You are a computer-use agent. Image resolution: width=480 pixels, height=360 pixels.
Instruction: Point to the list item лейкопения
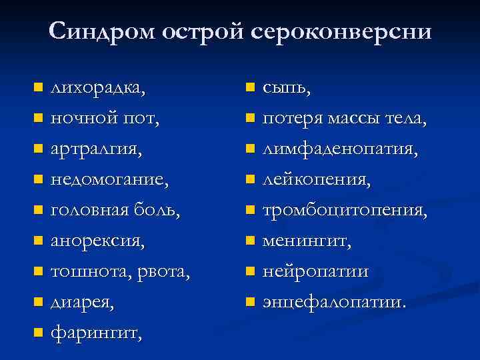tap(317, 180)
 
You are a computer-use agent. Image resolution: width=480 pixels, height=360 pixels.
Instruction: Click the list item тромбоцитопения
tap(345, 210)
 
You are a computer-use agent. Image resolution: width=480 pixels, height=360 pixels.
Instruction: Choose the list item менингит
tap(307, 241)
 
